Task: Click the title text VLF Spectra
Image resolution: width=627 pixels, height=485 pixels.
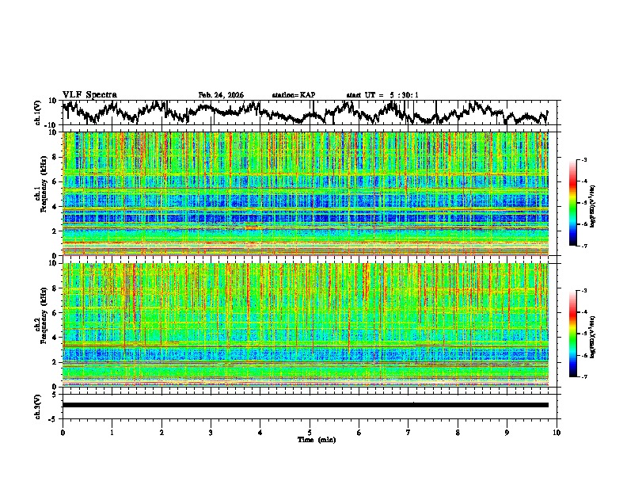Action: click(89, 94)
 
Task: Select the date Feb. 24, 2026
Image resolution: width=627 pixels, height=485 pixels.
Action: click(221, 95)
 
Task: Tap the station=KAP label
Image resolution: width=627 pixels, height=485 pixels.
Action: click(294, 95)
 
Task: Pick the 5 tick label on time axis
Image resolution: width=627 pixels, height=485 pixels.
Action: click(310, 432)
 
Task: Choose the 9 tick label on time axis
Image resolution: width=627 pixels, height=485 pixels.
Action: click(507, 432)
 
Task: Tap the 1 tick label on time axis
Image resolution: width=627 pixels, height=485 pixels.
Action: click(112, 432)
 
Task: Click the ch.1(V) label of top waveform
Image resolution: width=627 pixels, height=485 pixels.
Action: click(37, 113)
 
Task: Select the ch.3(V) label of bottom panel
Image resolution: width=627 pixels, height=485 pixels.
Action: click(37, 405)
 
